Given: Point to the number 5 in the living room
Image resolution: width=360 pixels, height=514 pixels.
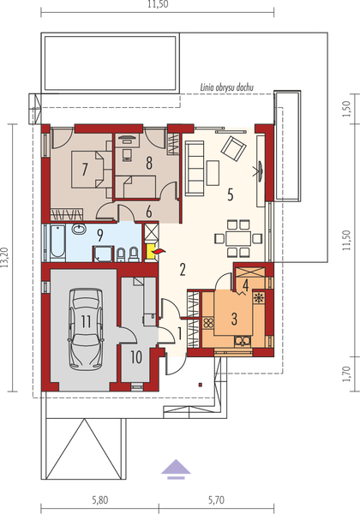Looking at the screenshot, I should pyautogui.click(x=230, y=194).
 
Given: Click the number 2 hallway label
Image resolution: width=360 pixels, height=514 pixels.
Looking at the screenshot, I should pyautogui.click(x=183, y=270).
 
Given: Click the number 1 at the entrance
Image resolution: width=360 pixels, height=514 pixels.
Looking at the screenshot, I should pyautogui.click(x=178, y=332).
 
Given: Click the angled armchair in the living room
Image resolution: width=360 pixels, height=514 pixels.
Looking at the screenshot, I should pyautogui.click(x=233, y=148).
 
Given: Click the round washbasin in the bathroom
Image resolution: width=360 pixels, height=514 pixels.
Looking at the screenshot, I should pyautogui.click(x=77, y=230).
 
